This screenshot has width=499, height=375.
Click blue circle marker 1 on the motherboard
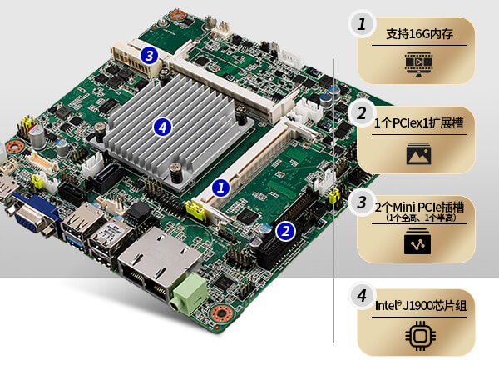click(221, 187)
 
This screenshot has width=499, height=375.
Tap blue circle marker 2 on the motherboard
click(285, 231)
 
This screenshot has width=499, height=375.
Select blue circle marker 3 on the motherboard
click(149, 56)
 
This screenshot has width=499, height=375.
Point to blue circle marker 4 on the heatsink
click(162, 127)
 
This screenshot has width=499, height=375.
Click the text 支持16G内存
click(419, 34)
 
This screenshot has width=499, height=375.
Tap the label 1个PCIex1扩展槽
click(418, 122)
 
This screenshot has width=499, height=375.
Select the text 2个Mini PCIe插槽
click(419, 207)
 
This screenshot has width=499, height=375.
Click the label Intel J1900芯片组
click(421, 305)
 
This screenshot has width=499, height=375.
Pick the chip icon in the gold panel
click(420, 336)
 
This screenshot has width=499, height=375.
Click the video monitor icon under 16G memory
click(419, 63)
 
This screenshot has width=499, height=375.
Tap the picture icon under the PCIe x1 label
click(419, 153)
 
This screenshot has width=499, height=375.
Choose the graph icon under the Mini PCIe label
click(417, 241)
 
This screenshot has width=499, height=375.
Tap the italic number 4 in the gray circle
click(362, 296)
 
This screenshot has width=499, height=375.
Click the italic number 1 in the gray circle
click(362, 24)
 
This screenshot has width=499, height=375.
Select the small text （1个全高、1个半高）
click(420, 217)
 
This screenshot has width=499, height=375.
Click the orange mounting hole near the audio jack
click(222, 314)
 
